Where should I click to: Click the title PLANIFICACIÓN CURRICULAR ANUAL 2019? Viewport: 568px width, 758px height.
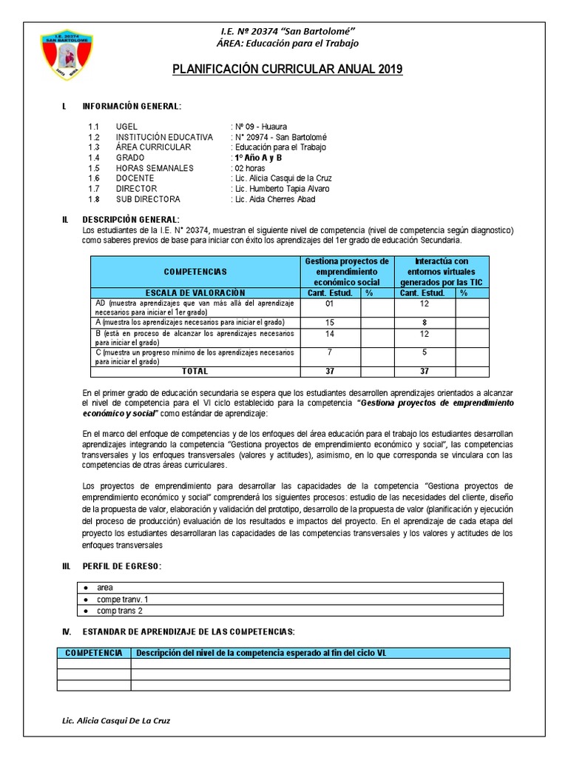pos(287,70)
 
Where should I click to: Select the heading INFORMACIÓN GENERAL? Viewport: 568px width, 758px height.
pos(131,107)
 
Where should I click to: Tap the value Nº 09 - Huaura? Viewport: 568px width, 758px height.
pos(260,127)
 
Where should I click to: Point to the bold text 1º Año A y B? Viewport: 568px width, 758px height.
pos(257,158)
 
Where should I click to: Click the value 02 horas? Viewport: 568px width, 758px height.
pos(251,168)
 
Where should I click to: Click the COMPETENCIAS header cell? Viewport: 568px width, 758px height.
pos(195,272)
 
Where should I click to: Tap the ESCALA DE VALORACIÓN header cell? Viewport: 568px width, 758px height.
pos(195,292)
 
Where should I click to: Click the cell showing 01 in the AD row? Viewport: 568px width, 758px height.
pos(330,303)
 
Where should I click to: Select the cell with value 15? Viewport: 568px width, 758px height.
pos(330,322)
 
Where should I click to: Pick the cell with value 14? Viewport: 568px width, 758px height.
pos(330,335)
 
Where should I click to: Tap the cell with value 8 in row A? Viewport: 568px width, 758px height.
pos(425,322)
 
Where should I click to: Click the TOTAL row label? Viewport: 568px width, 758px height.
pos(195,371)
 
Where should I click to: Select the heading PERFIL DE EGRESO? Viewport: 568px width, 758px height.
pos(121,566)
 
